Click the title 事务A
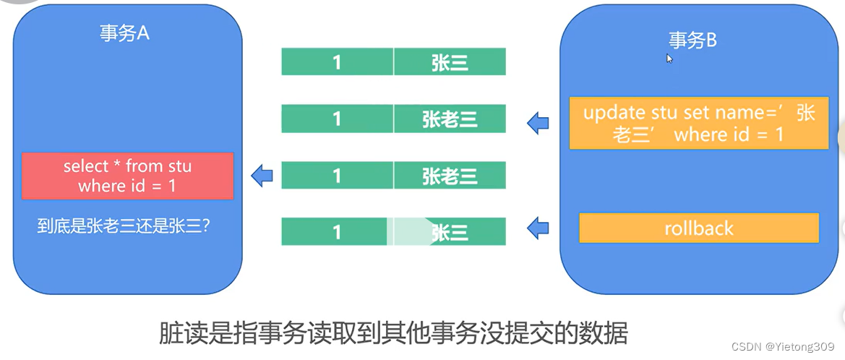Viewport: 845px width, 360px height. click(x=124, y=33)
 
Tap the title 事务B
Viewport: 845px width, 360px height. click(x=692, y=40)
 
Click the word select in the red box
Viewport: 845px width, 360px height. click(x=85, y=166)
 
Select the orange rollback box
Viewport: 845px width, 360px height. click(x=698, y=228)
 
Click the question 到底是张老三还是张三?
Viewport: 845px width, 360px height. click(x=124, y=226)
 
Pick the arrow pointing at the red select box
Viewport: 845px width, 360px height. click(x=262, y=175)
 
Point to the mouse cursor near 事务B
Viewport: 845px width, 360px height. click(x=670, y=59)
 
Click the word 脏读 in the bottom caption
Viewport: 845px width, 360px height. click(x=175, y=335)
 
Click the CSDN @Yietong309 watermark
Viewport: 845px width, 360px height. click(x=784, y=347)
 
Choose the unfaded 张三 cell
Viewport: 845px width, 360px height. click(x=450, y=63)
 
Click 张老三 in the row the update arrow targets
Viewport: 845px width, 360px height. click(x=450, y=119)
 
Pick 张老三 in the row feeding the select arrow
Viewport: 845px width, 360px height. click(x=450, y=176)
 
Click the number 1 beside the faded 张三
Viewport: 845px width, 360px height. click(x=337, y=232)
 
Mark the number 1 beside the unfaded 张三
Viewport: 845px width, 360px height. click(x=337, y=63)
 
